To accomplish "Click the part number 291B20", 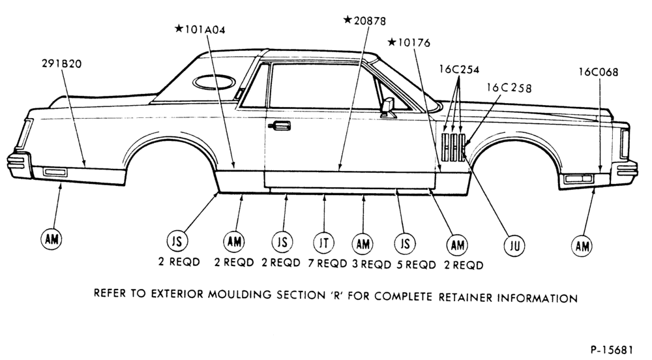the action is [61, 64].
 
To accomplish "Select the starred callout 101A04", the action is [200, 29].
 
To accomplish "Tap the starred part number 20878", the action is [364, 20].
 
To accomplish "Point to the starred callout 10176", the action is [409, 42].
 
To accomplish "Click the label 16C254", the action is [459, 69].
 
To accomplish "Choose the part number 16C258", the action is [509, 87].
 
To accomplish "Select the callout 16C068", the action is [599, 72].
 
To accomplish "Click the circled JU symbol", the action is [514, 246].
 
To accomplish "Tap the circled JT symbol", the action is [323, 243].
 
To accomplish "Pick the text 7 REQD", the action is [327, 263].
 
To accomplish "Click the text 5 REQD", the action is [416, 264].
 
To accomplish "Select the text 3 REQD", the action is [372, 264].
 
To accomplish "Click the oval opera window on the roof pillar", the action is [214, 82].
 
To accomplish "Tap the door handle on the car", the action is [279, 125].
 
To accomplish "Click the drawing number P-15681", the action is [612, 350].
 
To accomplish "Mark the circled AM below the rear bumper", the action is [52, 239].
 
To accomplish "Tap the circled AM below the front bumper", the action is [582, 246].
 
